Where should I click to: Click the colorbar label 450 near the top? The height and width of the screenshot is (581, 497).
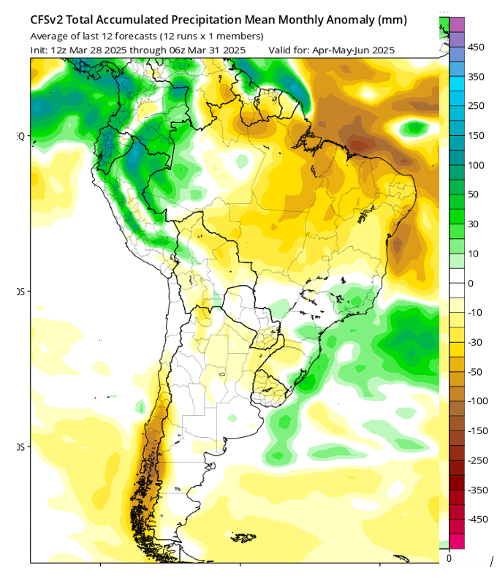tap(476, 48)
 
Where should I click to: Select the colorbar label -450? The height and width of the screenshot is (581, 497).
tap(477, 519)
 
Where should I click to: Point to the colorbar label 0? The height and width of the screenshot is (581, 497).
tap(470, 283)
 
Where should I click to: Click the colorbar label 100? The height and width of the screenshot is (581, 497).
tap(476, 165)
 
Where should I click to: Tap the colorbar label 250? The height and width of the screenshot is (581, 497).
tap(476, 106)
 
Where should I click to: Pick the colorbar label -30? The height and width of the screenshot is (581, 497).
tap(475, 342)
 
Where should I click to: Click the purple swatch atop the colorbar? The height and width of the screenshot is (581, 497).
tap(457, 25)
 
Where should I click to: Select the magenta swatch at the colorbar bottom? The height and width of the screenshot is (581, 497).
tap(457, 541)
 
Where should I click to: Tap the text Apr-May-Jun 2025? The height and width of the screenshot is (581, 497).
tap(353, 50)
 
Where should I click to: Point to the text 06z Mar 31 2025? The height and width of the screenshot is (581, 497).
tap(211, 50)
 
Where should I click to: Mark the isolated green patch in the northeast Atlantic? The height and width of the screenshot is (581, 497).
tap(415, 129)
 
